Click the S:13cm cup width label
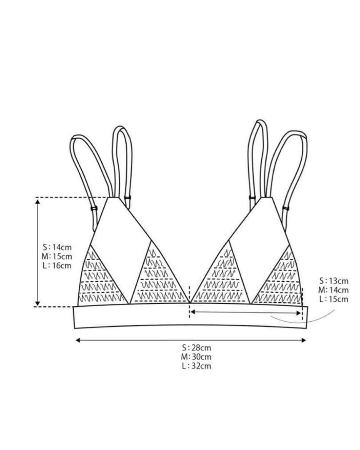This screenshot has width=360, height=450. click(333, 281)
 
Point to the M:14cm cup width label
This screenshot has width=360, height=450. click(333, 290)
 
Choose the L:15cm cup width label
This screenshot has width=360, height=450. click(333, 299)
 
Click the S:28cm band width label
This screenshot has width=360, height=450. click(196, 347)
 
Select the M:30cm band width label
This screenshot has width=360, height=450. click(196, 357)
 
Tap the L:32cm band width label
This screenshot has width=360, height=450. click(196, 366)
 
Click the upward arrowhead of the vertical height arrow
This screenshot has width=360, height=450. click(38, 202)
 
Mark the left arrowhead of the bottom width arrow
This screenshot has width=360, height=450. click(78, 340)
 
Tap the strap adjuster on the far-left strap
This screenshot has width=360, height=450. click(94, 208)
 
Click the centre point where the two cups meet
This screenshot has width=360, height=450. click(190, 303)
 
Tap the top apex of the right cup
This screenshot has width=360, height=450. click(268, 198)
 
